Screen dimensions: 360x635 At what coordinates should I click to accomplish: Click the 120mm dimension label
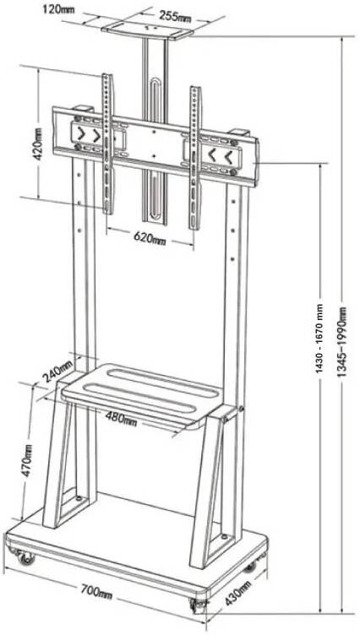[x=58, y=9]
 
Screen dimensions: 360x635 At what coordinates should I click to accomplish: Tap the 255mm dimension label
[x=175, y=16]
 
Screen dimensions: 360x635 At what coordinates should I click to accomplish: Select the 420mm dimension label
[x=39, y=144]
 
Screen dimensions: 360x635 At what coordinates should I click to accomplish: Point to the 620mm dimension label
[x=150, y=238]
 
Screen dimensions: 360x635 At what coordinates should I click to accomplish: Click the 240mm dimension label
[x=57, y=371]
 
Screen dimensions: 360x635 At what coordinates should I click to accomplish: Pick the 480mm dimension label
[x=121, y=418]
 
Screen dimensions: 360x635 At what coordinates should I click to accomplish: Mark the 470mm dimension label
[x=27, y=460]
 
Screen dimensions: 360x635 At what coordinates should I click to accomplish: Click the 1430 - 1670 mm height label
[x=320, y=339]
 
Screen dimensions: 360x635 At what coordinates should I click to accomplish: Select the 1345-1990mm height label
[x=342, y=342]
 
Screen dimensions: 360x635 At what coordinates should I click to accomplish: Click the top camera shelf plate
[x=147, y=31]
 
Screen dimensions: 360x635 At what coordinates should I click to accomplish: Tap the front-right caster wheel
[x=199, y=605]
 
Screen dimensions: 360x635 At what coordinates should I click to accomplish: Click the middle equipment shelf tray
[x=142, y=395]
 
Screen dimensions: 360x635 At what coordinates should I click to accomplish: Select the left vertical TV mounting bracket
[x=108, y=144]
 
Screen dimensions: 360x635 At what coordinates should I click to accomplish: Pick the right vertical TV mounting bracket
[x=195, y=158]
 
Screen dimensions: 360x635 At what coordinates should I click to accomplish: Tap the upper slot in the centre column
[x=155, y=101]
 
